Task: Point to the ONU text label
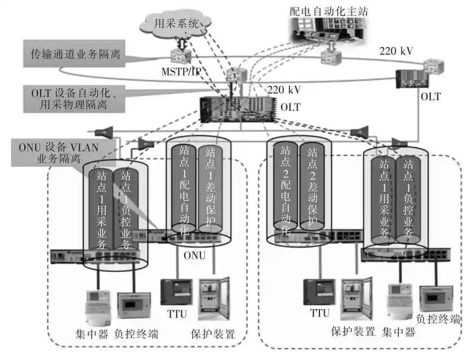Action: (194, 255)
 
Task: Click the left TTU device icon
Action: (173, 292)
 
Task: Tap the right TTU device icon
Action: (316, 292)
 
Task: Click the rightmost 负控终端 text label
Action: (438, 319)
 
